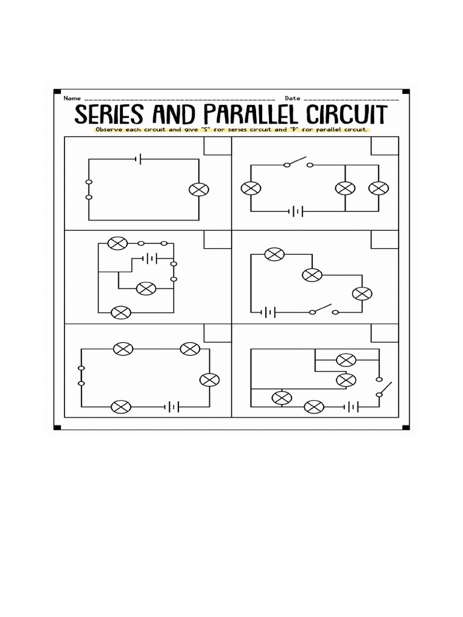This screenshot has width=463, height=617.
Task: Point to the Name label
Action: pyautogui.click(x=72, y=98)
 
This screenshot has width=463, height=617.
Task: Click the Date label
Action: pyautogui.click(x=292, y=98)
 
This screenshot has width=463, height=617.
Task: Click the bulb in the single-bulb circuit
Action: pyautogui.click(x=198, y=189)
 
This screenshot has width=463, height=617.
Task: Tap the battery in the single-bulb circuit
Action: pyautogui.click(x=139, y=159)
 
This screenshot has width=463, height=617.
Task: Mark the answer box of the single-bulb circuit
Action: pyautogui.click(x=217, y=146)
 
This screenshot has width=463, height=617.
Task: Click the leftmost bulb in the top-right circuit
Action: pyautogui.click(x=250, y=188)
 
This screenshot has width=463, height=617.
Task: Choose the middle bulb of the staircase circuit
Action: pyautogui.click(x=312, y=275)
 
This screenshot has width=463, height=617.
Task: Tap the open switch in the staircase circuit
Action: pyautogui.click(x=323, y=310)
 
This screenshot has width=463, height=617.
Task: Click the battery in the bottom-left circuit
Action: pyautogui.click(x=172, y=407)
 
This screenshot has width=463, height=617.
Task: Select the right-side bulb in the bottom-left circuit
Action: pyautogui.click(x=209, y=380)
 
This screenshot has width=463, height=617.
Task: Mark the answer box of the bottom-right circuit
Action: pyautogui.click(x=384, y=333)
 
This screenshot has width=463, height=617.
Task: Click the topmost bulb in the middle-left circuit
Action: pyautogui.click(x=116, y=243)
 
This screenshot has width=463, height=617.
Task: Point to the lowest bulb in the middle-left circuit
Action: pyautogui.click(x=122, y=313)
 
